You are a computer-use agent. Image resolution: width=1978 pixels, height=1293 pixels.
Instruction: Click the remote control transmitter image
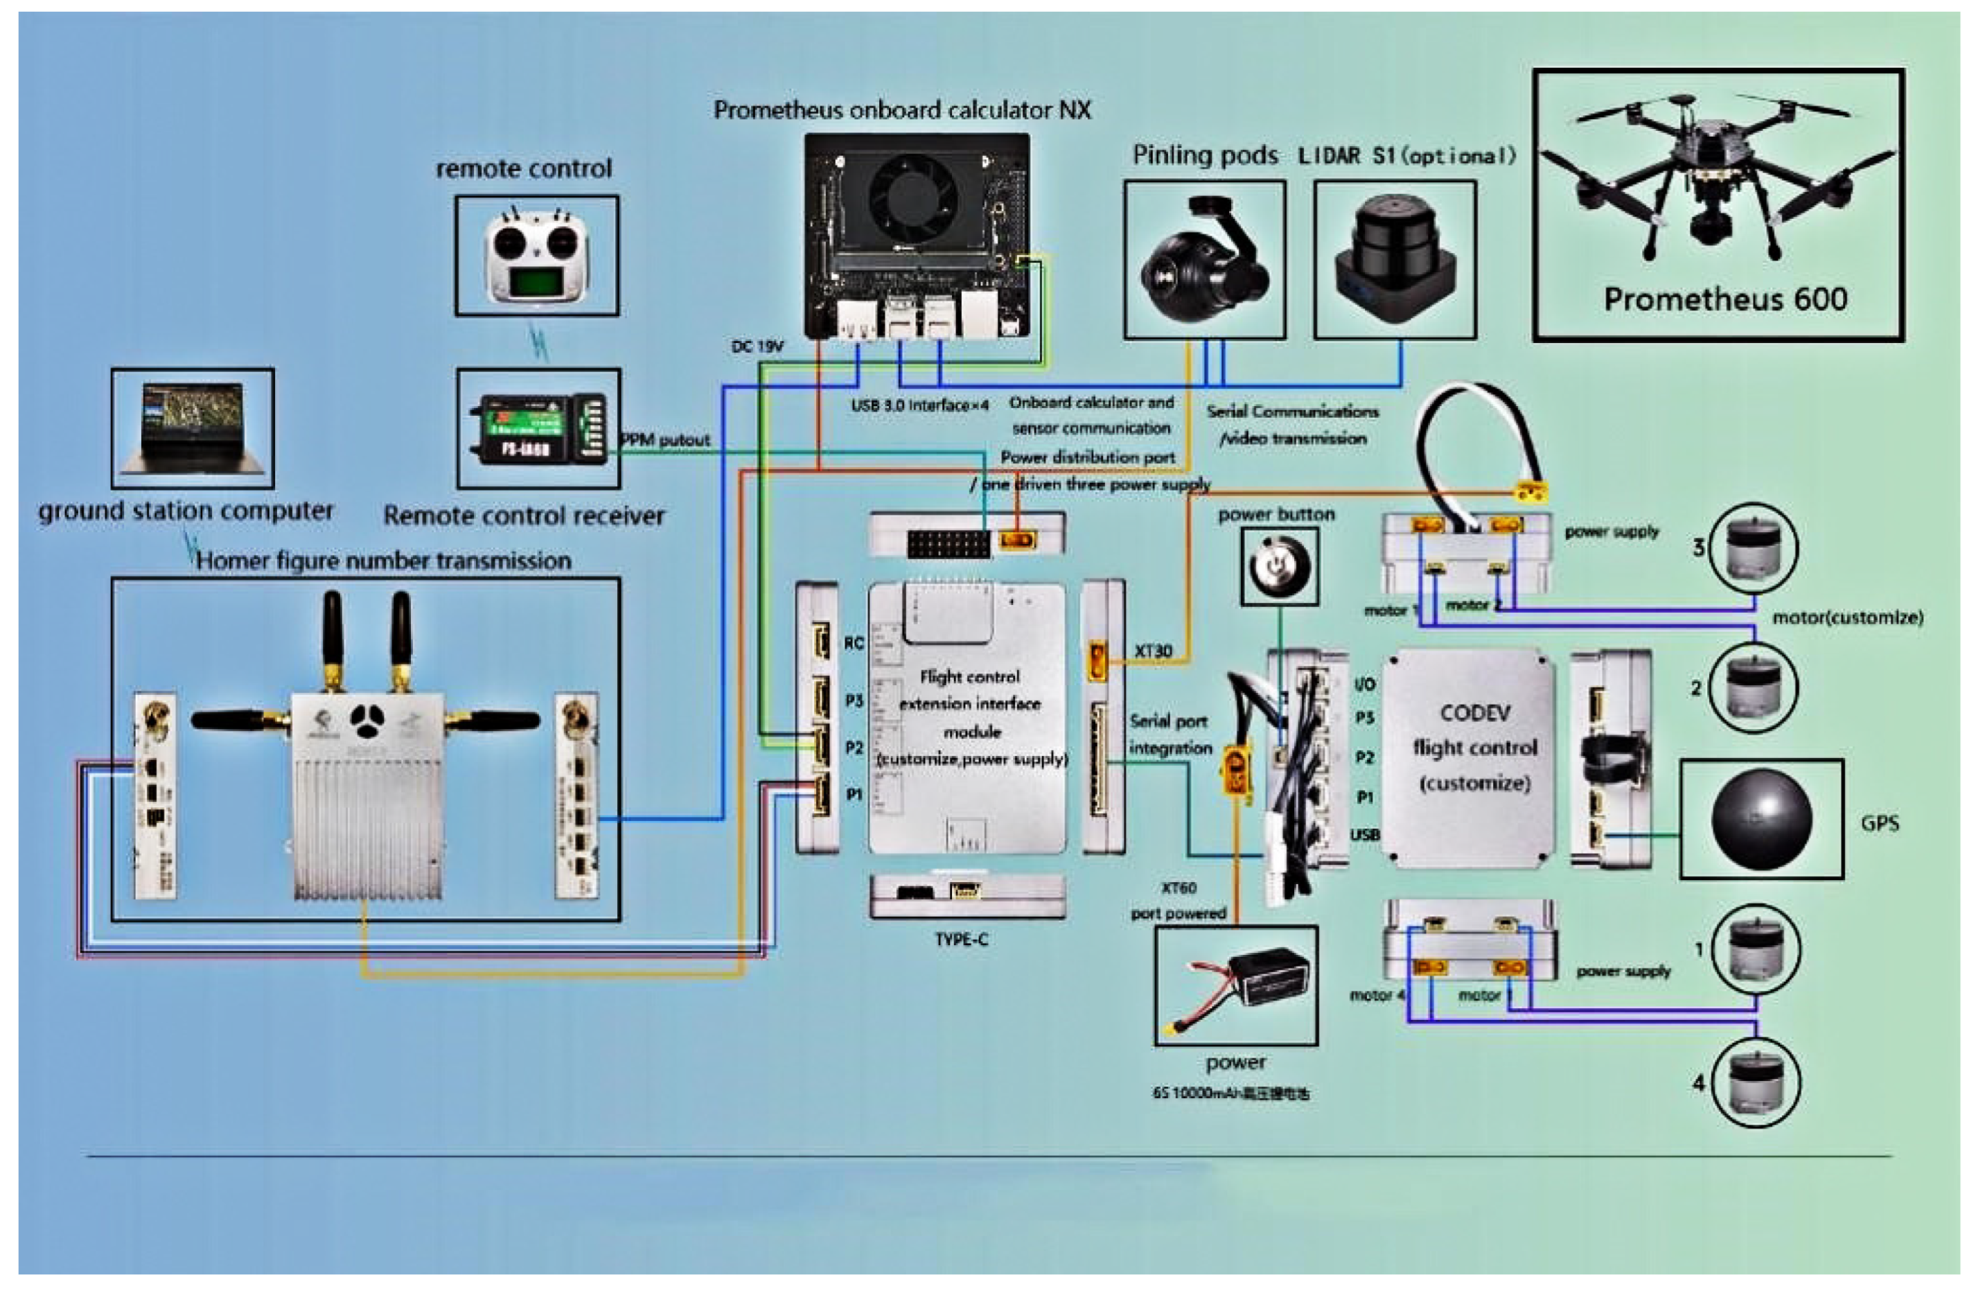pos(537,256)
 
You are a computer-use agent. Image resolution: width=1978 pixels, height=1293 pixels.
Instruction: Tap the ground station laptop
pos(193,427)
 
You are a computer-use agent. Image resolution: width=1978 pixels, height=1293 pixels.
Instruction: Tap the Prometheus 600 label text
pos(1724,299)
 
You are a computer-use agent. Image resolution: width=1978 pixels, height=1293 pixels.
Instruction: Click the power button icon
pos(1279,568)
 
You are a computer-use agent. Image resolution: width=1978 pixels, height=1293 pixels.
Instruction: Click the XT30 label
pos(1153,651)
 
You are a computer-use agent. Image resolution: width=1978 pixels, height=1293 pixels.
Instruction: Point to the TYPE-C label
pos(961,940)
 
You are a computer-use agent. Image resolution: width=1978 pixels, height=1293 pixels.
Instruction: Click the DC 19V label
pos(757,346)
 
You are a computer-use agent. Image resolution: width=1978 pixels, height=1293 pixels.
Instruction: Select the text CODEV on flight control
pos(1474,713)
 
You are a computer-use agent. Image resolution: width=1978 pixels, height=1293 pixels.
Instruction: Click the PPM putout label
pos(666,439)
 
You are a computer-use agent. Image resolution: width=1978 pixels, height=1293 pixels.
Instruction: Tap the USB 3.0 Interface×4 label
pos(919,405)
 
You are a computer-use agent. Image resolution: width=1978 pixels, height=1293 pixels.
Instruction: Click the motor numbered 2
pos(1752,687)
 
